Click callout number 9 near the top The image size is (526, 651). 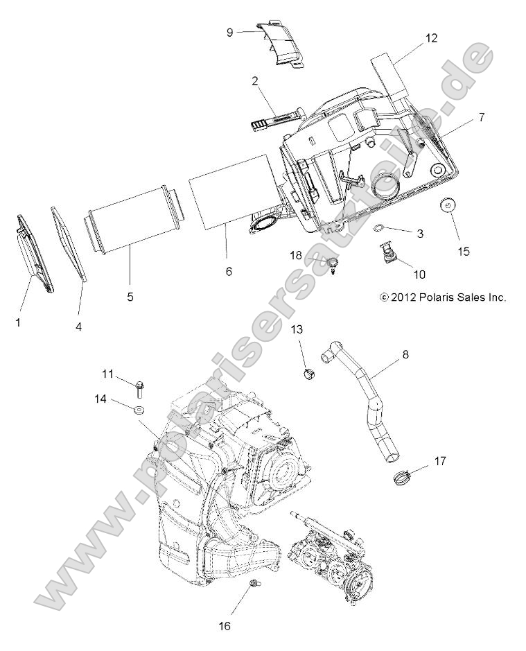[230, 31]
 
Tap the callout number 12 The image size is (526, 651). [431, 38]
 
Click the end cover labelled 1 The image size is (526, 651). [35, 254]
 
